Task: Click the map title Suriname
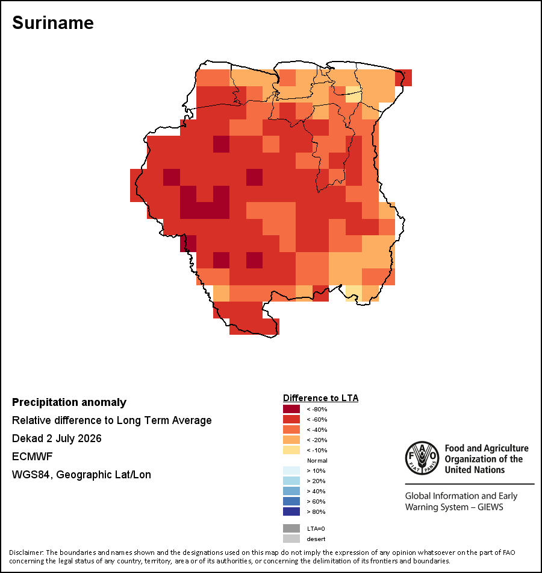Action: coord(53,23)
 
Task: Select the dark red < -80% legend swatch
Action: coord(291,409)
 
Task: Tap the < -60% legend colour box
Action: coord(291,419)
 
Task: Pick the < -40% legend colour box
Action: coord(291,429)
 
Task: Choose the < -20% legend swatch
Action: coord(291,440)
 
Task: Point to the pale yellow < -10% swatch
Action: coord(291,450)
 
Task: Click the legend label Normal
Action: coord(317,460)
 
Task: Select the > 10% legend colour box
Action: coord(291,470)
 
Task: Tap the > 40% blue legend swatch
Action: coord(291,491)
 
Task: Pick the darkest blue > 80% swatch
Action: coord(291,511)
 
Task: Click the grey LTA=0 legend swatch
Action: coord(291,528)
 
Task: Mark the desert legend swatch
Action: coord(291,539)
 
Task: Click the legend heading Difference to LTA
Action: coord(320,398)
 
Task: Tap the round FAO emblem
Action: coord(422,458)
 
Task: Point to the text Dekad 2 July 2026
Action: coord(57,438)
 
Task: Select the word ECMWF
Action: coord(32,457)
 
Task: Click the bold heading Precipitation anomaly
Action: coord(69,402)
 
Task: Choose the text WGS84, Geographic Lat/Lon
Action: coord(81,475)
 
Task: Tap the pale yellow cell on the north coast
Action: coord(354,94)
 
